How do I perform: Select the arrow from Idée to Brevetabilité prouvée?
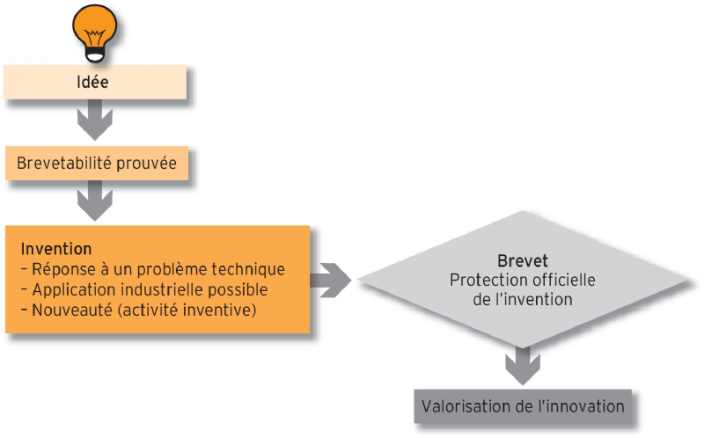tap(95, 120)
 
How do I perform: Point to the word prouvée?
tap(150, 164)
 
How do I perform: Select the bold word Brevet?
tap(523, 261)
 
